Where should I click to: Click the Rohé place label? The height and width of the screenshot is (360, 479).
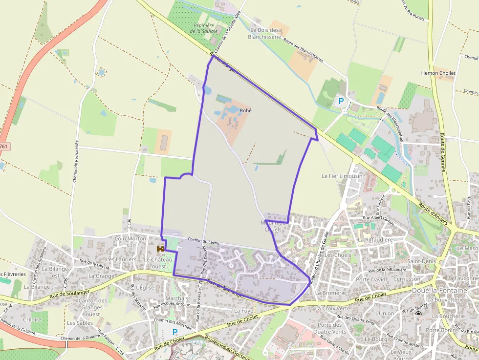coord(245,110)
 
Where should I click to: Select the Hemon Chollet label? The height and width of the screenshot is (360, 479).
coord(438,73)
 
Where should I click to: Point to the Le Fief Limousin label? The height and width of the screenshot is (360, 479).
coord(342,176)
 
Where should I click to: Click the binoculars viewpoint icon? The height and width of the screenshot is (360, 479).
coord(160,249)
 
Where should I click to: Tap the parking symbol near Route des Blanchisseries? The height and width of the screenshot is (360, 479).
coord(341,102)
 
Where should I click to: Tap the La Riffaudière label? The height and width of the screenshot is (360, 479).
coord(375,240)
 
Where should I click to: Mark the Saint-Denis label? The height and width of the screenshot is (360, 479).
coord(421,261)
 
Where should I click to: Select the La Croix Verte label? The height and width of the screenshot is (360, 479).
coord(333,308)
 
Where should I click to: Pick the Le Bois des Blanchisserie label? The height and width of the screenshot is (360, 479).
coord(264,33)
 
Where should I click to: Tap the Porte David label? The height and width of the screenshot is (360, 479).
coord(370,279)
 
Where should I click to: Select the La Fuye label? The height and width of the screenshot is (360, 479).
coord(243,310)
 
